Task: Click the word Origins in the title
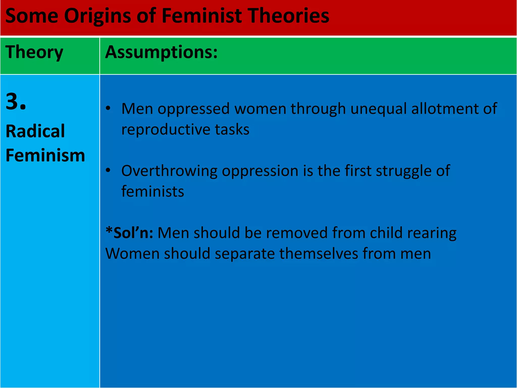(x=97, y=16)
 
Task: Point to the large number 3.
(x=16, y=102)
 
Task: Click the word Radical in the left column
(x=35, y=131)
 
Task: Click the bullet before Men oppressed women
(x=108, y=108)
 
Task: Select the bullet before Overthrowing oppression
(x=108, y=171)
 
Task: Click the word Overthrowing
(x=169, y=171)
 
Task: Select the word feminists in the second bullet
(x=153, y=191)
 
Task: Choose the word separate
(x=245, y=254)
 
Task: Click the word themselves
(x=319, y=253)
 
